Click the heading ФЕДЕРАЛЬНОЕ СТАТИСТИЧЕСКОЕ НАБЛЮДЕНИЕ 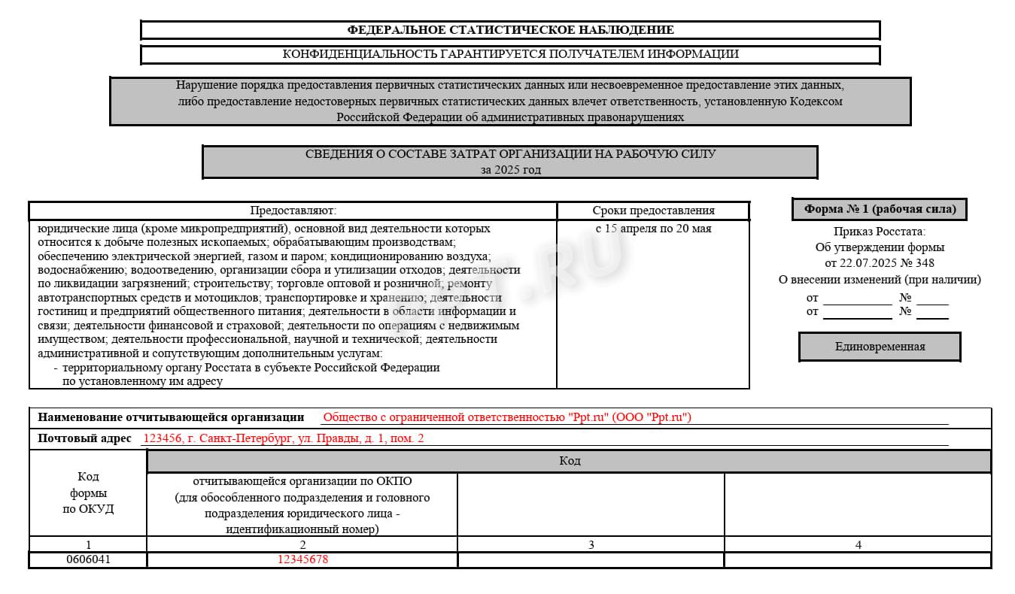510,30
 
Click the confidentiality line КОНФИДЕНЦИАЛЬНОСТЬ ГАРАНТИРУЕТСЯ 510,54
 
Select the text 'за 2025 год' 510,170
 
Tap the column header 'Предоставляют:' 293,211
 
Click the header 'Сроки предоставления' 653,211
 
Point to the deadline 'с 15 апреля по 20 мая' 653,229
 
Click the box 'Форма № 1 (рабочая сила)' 880,209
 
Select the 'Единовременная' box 880,347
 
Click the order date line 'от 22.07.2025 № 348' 880,263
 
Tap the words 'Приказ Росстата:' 880,232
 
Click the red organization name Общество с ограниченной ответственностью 506,417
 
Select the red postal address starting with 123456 283,438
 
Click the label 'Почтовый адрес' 84,438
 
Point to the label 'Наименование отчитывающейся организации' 171,417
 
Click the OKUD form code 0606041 88,560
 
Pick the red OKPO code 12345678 302,560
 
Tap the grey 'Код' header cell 570,461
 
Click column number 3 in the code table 591,544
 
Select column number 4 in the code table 858,544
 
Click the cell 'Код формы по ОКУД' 88,492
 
